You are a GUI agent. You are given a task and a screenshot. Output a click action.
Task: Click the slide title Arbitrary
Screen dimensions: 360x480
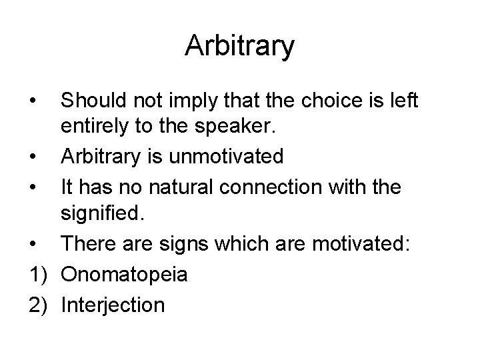(240, 45)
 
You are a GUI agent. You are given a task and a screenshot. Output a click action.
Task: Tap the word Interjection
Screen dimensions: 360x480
(112, 304)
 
